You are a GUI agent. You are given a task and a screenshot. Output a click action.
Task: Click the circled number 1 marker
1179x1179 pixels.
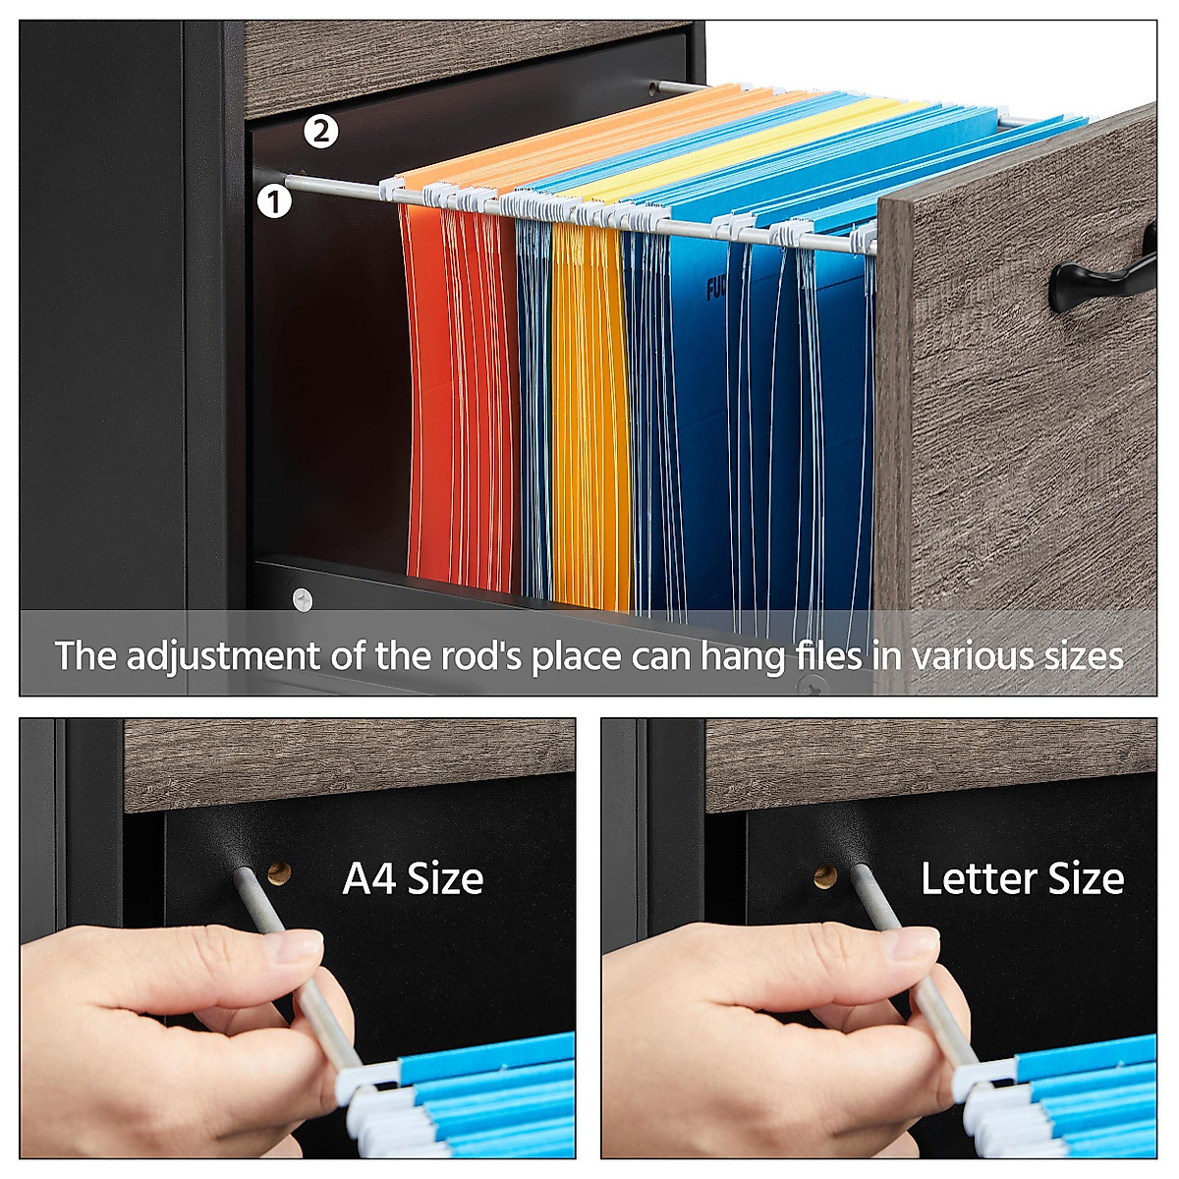coord(275,201)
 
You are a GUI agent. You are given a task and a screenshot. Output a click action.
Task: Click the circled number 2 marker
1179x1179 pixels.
coord(321,131)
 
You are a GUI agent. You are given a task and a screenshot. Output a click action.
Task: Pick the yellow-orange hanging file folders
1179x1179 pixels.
coord(589,413)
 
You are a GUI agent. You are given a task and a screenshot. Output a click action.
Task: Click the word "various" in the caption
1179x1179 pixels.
coord(970,655)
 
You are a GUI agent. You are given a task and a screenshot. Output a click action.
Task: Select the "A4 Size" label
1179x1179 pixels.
coord(413,878)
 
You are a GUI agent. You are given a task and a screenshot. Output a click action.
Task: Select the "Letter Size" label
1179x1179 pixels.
coord(1022,878)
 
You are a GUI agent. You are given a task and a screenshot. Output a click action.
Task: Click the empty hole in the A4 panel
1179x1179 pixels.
coord(280,872)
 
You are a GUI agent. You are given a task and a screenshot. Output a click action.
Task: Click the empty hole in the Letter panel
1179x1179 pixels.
coord(824,875)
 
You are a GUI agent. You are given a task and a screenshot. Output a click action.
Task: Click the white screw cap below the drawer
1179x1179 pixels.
coord(302,597)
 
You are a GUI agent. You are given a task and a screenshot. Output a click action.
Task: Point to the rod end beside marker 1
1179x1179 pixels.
coord(292,181)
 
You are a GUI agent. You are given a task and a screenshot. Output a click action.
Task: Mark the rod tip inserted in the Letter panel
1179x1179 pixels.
coord(858,872)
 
